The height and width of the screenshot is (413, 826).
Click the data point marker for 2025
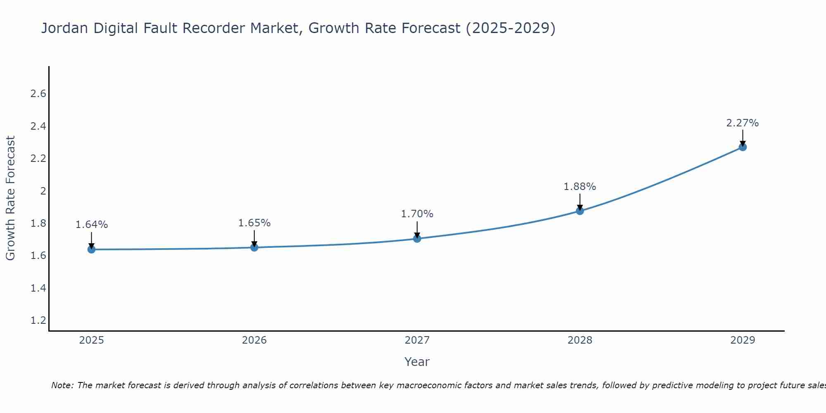pyautogui.click(x=92, y=249)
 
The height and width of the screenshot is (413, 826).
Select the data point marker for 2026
pyautogui.click(x=254, y=247)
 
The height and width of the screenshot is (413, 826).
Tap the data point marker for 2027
pyautogui.click(x=417, y=239)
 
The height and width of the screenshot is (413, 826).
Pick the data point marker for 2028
pyautogui.click(x=580, y=211)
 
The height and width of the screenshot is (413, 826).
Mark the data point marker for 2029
pyautogui.click(x=743, y=147)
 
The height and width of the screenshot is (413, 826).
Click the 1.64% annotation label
pyautogui.click(x=92, y=225)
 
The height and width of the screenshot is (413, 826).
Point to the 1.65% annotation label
pyautogui.click(x=254, y=223)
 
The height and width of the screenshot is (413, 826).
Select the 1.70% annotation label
pyautogui.click(x=417, y=214)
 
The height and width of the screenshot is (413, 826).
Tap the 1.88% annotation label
pyautogui.click(x=580, y=187)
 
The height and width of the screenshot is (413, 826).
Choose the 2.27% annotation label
pyautogui.click(x=743, y=123)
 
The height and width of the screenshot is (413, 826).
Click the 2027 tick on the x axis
pyautogui.click(x=417, y=340)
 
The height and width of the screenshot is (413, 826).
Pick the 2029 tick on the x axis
pyautogui.click(x=743, y=340)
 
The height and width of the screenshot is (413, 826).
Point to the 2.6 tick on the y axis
pyautogui.click(x=38, y=94)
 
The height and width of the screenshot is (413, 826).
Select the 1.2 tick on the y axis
pyautogui.click(x=38, y=320)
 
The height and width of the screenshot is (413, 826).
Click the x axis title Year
pyautogui.click(x=417, y=362)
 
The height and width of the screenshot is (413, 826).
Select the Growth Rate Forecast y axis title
pyautogui.click(x=11, y=198)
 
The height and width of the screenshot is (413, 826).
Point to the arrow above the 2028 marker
pyautogui.click(x=580, y=202)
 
